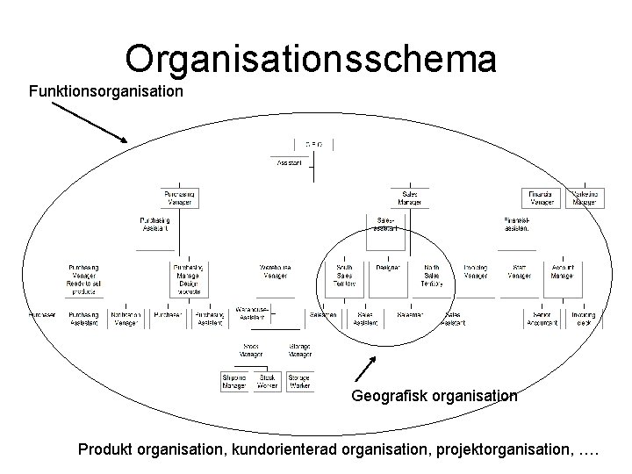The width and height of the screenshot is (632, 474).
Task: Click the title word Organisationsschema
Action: coord(311,59)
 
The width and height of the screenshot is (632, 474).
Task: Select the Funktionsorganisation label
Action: coord(107,91)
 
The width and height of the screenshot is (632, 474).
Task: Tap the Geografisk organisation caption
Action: coord(434,396)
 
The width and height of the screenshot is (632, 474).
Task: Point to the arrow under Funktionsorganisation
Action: coord(88,123)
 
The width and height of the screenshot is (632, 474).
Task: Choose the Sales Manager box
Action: coord(410,197)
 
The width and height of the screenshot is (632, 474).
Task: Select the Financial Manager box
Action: coord(540,197)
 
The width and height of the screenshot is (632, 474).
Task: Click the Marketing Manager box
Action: coord(584,197)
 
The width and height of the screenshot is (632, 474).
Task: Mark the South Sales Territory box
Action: coord(344,275)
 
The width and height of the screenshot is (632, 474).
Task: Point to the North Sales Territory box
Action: coord(433,275)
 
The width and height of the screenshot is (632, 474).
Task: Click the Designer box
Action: coord(388,268)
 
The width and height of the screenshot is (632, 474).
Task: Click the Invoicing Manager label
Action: coord(476,270)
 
